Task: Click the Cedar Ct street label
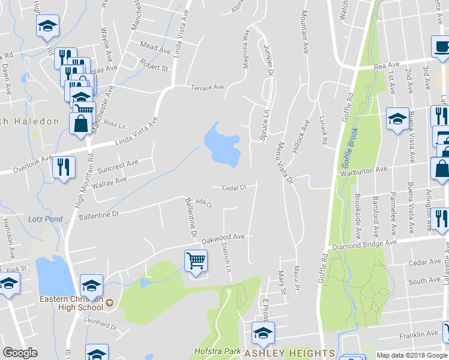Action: coord(234,188)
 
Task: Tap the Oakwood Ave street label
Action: coord(223,238)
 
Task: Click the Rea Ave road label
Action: coord(386,65)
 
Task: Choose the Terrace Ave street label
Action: coord(207,88)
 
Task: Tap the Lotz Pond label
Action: coord(45,219)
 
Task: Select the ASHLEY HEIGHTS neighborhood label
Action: coord(290,353)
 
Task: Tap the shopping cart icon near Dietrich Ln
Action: coord(196,262)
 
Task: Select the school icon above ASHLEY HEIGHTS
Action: coord(262,334)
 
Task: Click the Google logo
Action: coord(20,353)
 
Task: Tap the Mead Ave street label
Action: coord(155,47)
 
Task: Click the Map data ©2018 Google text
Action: coord(412,355)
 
